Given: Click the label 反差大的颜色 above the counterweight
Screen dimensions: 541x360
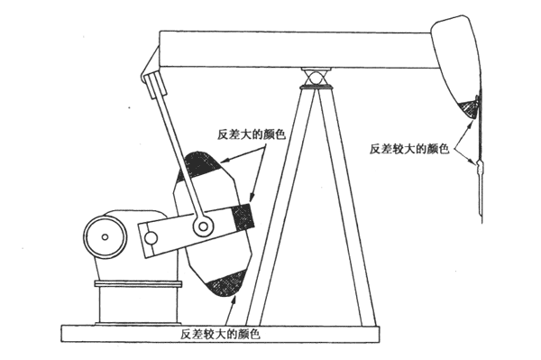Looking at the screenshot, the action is click(252, 134).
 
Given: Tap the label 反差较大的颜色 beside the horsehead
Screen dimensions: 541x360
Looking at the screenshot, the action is click(409, 149).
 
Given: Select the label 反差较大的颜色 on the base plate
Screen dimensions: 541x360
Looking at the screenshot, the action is click(220, 334).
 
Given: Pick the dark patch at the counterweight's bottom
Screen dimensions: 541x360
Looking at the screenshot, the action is click(226, 283).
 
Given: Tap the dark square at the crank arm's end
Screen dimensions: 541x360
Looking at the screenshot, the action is click(243, 217).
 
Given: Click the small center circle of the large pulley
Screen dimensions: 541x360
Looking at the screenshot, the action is click(105, 237).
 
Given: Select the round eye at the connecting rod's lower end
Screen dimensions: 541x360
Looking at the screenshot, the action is click(203, 226).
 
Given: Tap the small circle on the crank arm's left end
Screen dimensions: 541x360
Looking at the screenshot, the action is click(151, 238).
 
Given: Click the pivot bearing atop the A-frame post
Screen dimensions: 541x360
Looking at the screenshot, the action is click(315, 78).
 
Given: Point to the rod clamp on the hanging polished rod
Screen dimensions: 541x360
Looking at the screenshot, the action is click(480, 169).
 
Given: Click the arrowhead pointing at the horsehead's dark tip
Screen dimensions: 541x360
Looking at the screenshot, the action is click(469, 124).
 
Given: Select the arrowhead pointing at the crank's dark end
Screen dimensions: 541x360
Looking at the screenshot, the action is click(252, 197).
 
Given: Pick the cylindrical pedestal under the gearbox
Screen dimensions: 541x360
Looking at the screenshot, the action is click(138, 302).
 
